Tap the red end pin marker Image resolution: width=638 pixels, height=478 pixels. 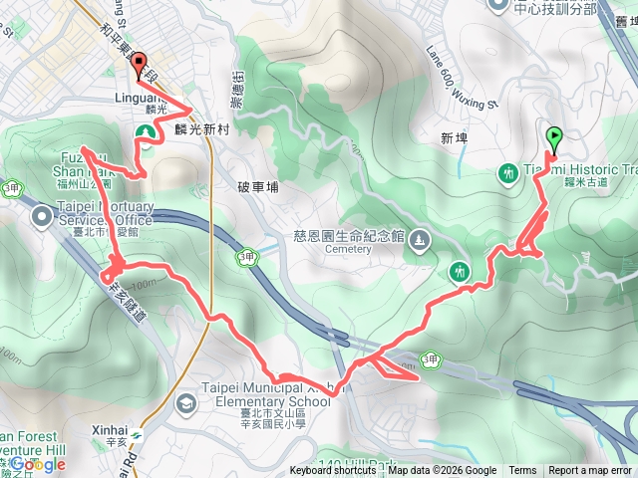(x=139, y=63)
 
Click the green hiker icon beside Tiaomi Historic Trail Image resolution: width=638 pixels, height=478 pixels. (x=508, y=174)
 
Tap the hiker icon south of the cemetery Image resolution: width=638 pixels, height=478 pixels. (x=459, y=269)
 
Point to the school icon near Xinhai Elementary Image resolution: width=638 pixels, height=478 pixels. (x=185, y=402)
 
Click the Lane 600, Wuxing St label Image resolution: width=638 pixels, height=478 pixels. (x=461, y=77)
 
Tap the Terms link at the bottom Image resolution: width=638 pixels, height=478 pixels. (x=522, y=471)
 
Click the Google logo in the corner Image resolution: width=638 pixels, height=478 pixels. (x=37, y=464)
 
